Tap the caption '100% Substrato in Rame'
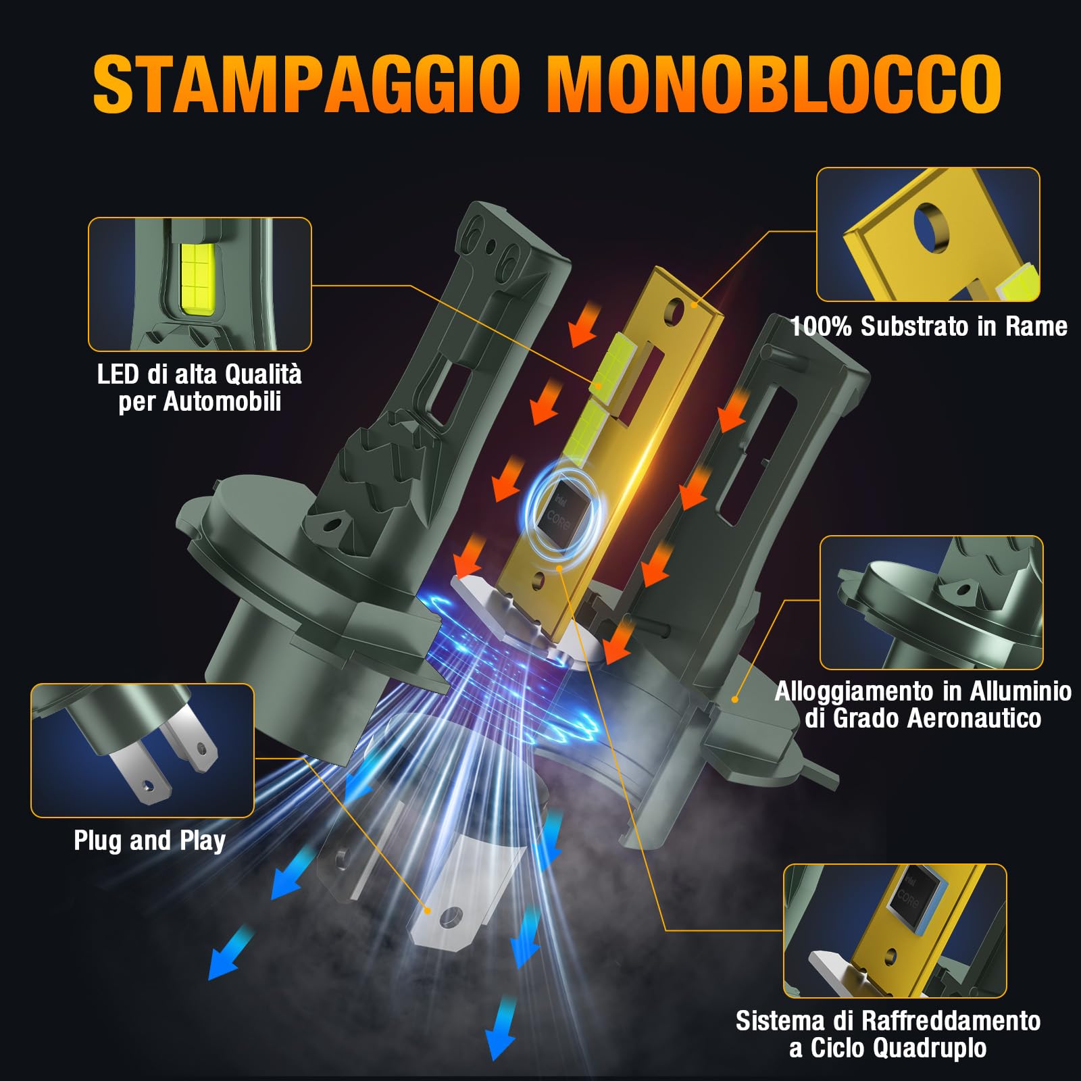[928, 327]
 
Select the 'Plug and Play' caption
[149, 841]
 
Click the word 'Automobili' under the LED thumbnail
[222, 402]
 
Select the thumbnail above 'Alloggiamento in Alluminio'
[931, 603]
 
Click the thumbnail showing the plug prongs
[143, 750]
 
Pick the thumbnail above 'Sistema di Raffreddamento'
[895, 930]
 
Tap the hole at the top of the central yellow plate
[674, 310]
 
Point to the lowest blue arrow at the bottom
[500, 1037]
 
